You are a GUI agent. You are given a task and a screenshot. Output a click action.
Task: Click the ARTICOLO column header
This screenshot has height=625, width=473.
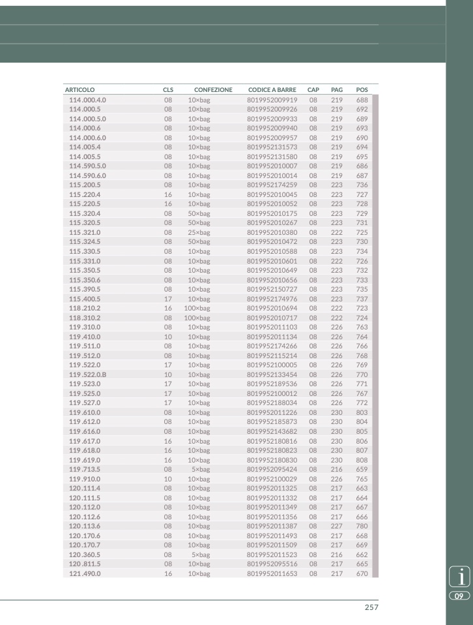click(79, 89)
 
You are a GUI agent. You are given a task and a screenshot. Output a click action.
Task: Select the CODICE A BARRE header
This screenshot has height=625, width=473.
click(272, 89)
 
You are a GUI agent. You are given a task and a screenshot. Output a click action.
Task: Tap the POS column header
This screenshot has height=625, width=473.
click(362, 89)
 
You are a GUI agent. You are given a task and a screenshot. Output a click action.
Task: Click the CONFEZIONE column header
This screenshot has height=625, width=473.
click(213, 89)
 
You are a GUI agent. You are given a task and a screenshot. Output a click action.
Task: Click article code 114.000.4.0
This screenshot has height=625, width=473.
click(87, 100)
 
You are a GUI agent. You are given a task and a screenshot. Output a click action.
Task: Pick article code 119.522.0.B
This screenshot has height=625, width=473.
click(87, 374)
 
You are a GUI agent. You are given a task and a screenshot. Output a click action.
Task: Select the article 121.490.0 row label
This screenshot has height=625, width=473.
click(85, 573)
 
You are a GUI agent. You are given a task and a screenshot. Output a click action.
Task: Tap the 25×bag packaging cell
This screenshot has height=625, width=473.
click(199, 232)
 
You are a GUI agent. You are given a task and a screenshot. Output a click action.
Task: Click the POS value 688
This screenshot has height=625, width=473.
click(362, 100)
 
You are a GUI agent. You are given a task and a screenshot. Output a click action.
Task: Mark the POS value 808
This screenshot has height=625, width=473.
click(362, 460)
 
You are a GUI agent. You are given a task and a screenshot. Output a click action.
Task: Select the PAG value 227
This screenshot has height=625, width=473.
click(337, 526)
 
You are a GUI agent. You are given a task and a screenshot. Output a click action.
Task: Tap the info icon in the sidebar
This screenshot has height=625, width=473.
click(461, 577)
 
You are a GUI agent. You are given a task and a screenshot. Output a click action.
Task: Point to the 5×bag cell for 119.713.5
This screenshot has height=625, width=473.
click(201, 469)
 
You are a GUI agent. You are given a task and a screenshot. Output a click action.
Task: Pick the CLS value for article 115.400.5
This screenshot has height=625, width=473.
click(168, 299)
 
